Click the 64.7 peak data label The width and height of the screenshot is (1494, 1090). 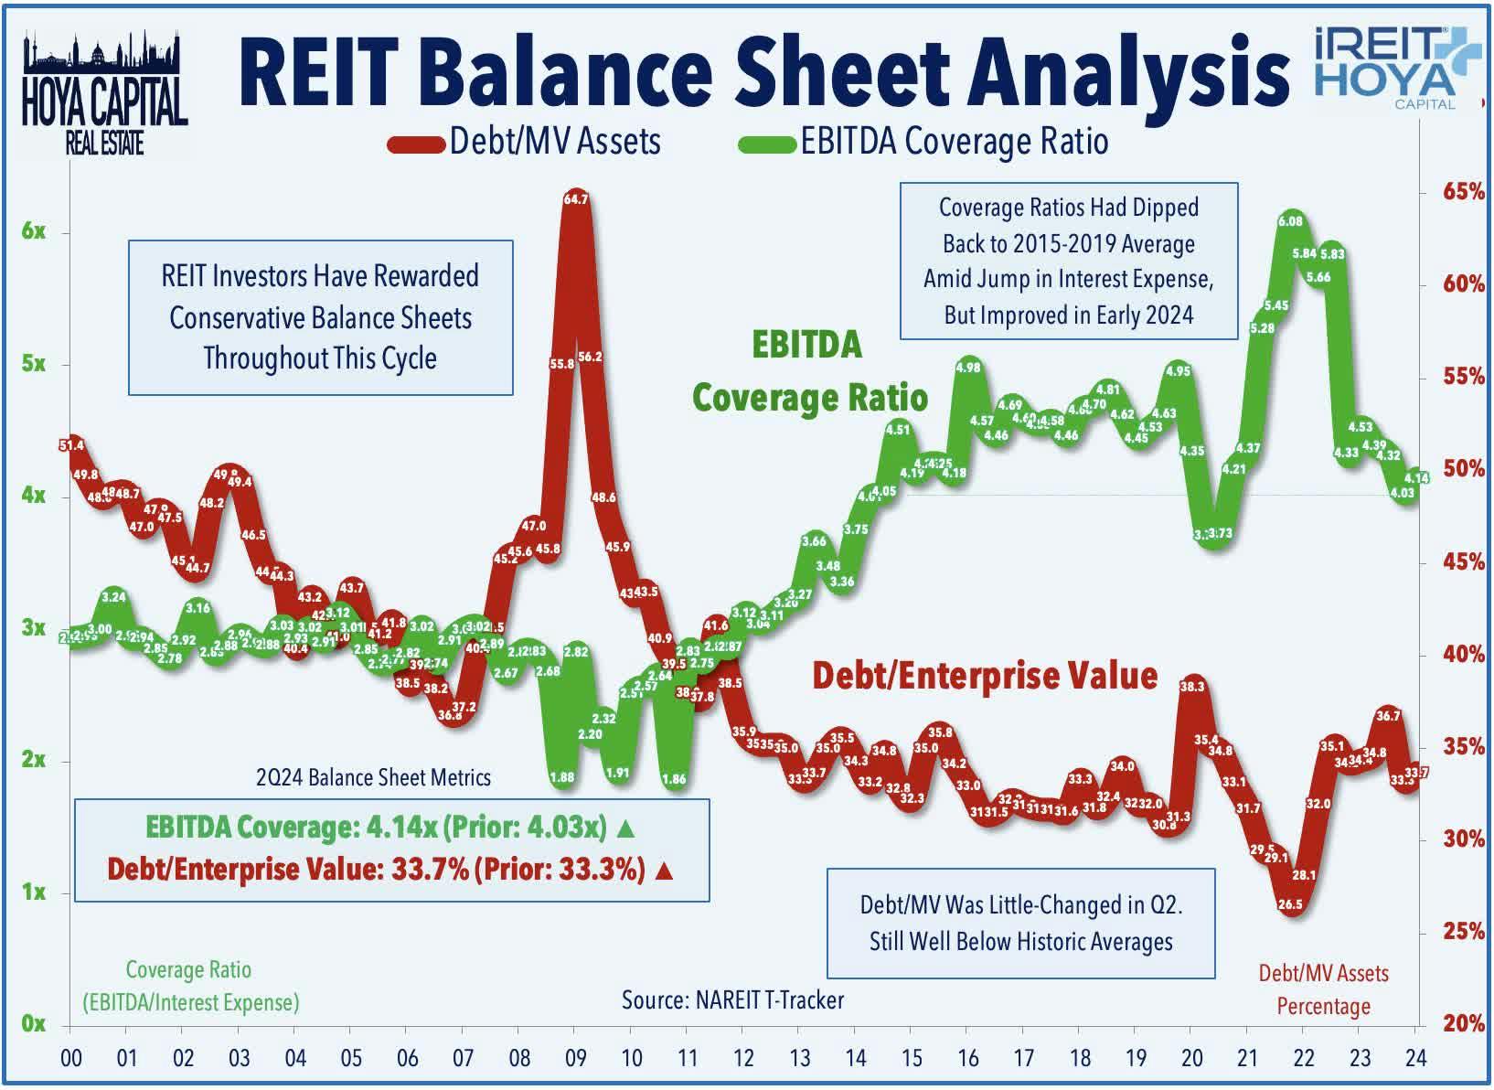(576, 198)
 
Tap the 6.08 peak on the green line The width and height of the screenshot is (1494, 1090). (1290, 221)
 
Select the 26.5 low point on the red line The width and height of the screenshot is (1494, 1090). (1290, 904)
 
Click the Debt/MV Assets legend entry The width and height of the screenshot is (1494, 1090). (524, 142)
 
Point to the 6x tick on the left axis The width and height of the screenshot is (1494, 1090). (34, 231)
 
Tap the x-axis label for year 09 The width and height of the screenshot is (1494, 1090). (576, 1058)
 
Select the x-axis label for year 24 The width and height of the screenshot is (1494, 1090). (1414, 1058)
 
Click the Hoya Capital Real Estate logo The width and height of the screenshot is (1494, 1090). (103, 96)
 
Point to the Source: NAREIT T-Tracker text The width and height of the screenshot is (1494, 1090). (732, 999)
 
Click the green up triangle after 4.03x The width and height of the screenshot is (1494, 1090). (626, 828)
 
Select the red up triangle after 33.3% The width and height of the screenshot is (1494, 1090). (665, 870)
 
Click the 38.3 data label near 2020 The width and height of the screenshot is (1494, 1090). (1192, 686)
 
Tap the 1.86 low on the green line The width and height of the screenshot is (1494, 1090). (674, 780)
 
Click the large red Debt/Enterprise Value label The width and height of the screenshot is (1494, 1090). (985, 676)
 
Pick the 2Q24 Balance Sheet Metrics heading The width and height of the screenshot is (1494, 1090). (373, 778)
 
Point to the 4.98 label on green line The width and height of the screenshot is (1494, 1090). (967, 368)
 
